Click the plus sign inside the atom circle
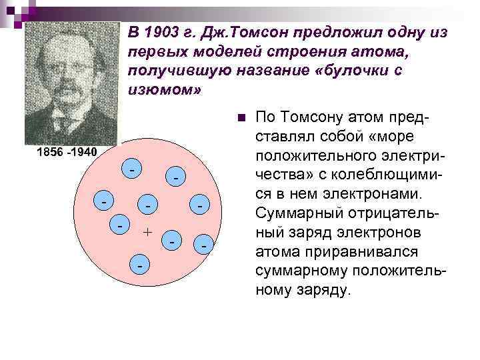(x=148, y=232)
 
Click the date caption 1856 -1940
(x=67, y=153)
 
